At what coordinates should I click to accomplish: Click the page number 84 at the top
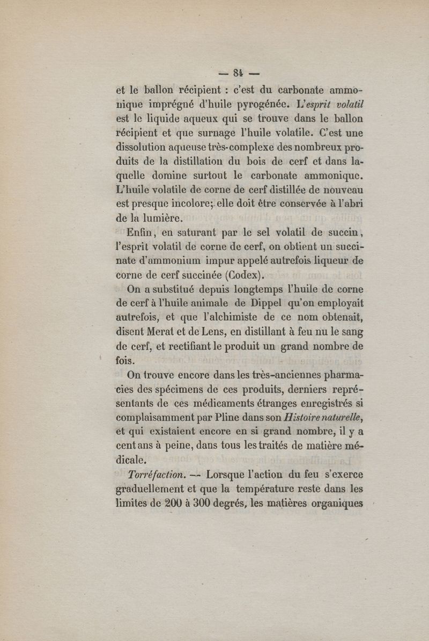pos(239,71)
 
